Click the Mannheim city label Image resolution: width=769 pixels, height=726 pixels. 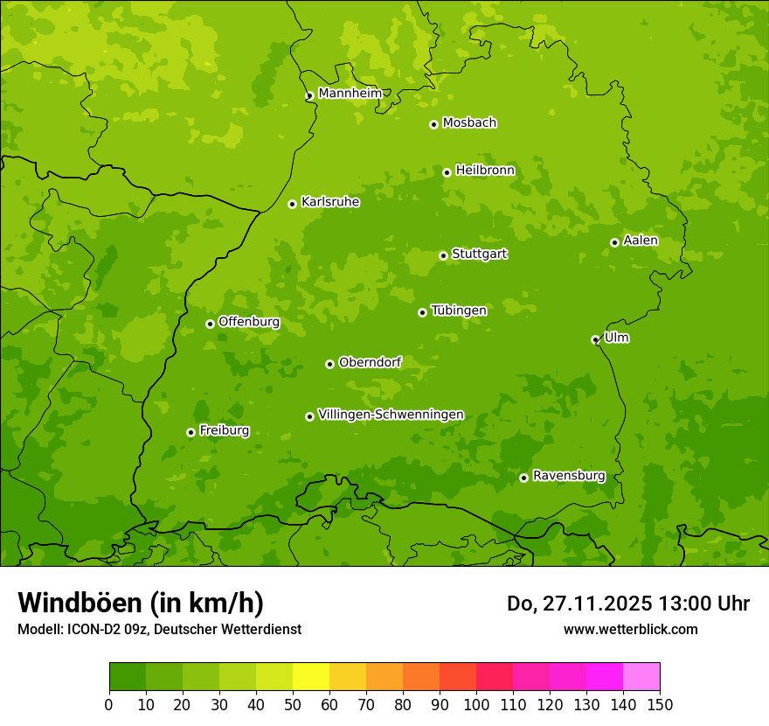[350, 94]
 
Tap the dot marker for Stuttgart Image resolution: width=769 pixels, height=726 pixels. [443, 255]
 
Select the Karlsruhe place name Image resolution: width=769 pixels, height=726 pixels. [329, 202]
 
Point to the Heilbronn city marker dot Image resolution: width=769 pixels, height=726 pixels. [447, 172]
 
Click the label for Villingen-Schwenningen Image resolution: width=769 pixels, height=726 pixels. [391, 415]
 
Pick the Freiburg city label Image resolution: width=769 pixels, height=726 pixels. [224, 430]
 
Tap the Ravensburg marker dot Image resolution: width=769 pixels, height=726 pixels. [523, 478]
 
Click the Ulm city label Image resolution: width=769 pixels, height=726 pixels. [616, 338]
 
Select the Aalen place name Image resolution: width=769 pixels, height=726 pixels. [641, 241]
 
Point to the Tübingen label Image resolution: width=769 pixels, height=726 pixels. [459, 311]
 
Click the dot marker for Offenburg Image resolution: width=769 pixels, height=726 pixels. [210, 324]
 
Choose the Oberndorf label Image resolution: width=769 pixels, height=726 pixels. [370, 362]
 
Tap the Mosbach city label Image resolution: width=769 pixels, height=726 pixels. [469, 123]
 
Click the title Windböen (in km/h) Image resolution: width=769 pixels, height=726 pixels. [141, 603]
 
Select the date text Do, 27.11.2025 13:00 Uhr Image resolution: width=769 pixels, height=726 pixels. [627, 604]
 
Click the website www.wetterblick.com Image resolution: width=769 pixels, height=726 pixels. [630, 629]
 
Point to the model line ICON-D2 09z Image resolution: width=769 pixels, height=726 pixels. [159, 630]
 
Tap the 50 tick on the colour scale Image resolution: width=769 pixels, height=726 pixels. [293, 705]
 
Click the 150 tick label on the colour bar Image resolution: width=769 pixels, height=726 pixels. [660, 705]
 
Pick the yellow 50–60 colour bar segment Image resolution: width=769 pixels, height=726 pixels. [311, 677]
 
